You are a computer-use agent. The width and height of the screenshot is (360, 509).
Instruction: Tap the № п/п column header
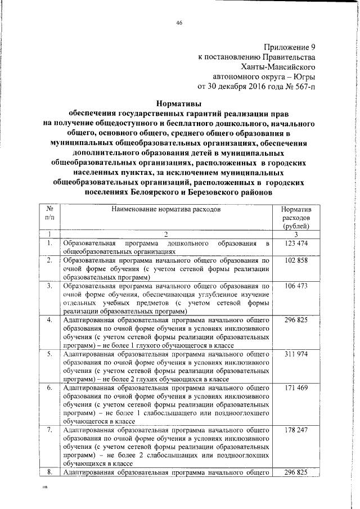50,213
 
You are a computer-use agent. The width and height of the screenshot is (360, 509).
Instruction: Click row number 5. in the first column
50,354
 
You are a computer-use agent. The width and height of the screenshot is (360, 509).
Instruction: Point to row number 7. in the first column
50,430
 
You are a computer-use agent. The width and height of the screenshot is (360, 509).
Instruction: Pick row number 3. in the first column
50,287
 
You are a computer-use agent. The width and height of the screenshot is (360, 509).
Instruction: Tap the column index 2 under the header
166,234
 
